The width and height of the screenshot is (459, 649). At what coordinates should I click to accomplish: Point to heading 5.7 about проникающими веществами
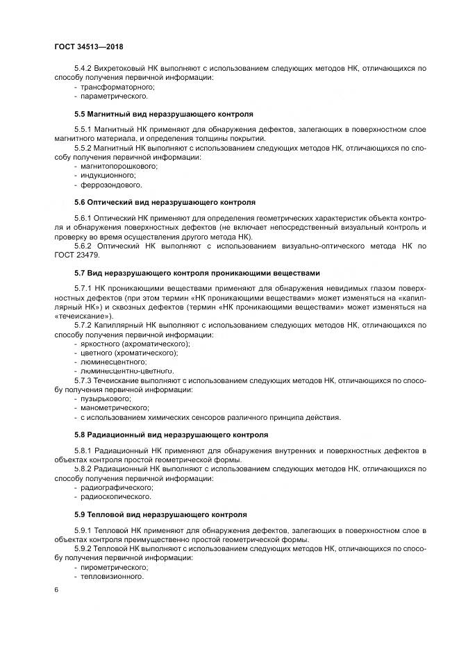click(x=197, y=272)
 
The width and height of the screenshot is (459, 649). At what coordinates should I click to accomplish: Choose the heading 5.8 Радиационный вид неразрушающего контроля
click(x=170, y=435)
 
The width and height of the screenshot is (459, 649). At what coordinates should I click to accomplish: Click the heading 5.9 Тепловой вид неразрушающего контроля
click(x=160, y=514)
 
